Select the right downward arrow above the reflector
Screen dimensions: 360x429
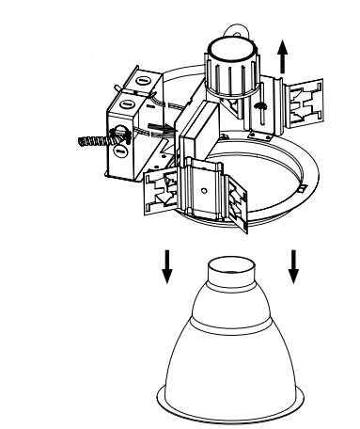coord(293,265)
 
